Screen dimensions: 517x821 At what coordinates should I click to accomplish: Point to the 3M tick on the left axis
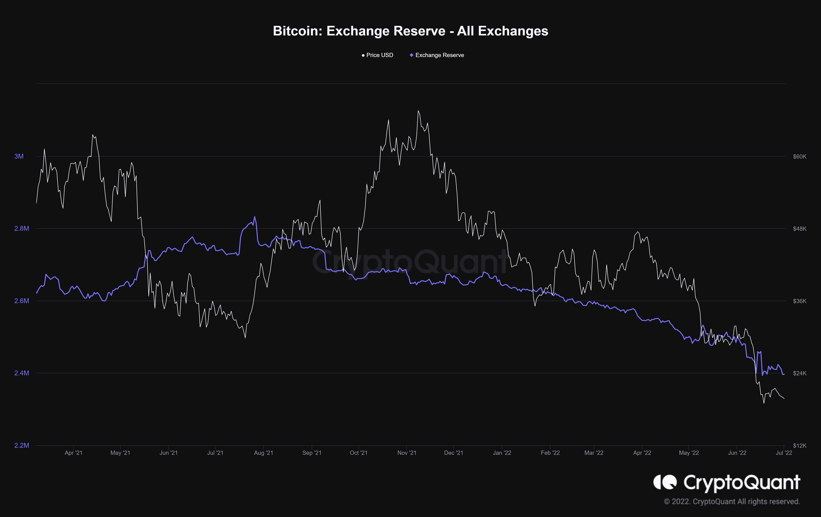pos(19,156)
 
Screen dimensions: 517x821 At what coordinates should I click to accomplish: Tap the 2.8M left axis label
pos(21,229)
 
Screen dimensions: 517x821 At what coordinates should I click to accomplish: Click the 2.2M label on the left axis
pos(21,445)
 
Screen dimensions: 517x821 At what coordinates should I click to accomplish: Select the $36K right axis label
pos(800,301)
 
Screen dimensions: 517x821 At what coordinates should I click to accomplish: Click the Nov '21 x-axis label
pos(407,453)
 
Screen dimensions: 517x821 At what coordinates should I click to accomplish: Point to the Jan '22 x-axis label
pos(502,453)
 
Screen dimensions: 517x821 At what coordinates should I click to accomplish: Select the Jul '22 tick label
pos(784,453)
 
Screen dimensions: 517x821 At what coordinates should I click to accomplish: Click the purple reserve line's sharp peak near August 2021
pos(254,217)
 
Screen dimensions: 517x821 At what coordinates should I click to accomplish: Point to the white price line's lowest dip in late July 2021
pos(245,337)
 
